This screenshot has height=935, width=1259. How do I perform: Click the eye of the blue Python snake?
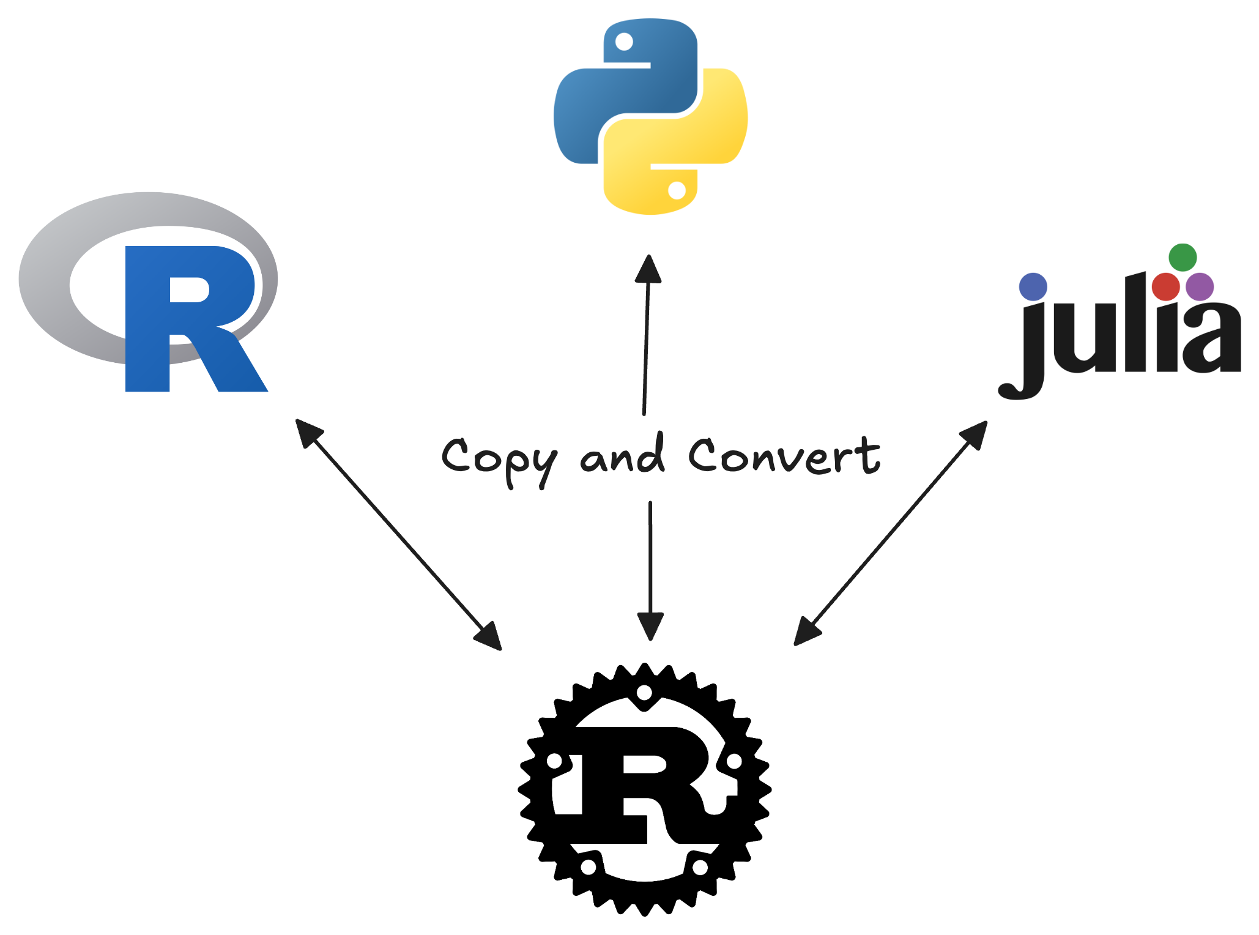[x=624, y=42]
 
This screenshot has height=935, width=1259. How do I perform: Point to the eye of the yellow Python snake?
[x=677, y=190]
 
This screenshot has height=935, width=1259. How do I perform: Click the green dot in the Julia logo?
[x=1183, y=258]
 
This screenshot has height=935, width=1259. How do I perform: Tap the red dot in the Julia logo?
[x=1165, y=286]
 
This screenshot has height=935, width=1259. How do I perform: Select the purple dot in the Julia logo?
[x=1200, y=286]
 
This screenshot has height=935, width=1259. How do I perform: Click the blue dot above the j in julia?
[x=1033, y=287]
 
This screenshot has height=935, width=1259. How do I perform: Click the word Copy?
[x=499, y=459]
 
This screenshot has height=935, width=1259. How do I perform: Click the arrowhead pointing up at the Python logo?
[x=648, y=269]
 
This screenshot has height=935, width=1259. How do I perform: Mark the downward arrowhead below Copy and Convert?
[x=650, y=625]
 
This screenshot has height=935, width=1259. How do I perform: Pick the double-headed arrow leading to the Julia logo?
[x=891, y=532]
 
